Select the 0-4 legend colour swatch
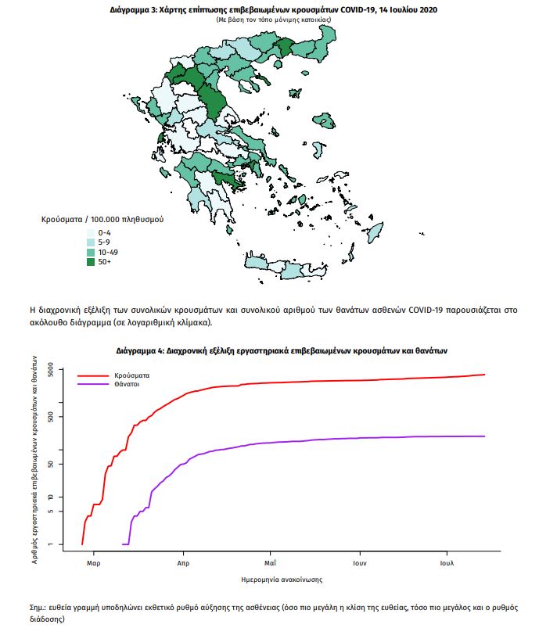point(91,233)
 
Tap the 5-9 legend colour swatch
point(91,242)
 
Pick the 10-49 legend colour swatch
point(91,252)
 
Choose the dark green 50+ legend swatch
point(91,261)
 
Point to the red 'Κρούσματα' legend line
point(92,375)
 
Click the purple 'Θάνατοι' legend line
point(92,385)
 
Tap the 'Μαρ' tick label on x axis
point(94,562)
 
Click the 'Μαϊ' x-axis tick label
point(270,562)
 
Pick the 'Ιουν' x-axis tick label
point(360,562)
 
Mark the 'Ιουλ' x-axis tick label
point(447,562)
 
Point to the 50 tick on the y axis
point(49,464)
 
